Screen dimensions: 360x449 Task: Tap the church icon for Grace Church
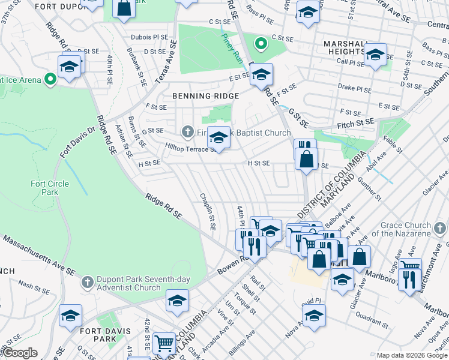point(441,228)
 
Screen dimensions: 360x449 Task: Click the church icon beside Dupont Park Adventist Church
point(88,280)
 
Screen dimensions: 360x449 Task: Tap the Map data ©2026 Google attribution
point(411,355)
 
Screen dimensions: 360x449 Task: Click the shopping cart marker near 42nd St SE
point(163,343)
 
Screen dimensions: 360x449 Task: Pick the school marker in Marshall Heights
point(375,54)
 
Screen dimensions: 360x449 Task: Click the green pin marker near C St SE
point(261,43)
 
